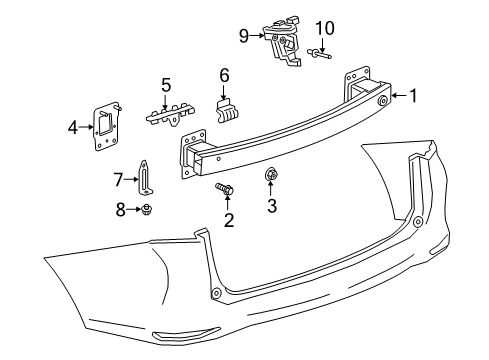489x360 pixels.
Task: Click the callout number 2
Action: click(x=228, y=219)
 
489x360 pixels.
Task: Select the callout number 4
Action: click(x=73, y=127)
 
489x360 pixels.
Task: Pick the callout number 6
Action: click(x=225, y=74)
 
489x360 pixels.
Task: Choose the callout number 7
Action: click(x=118, y=180)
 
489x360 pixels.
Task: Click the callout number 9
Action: click(x=243, y=36)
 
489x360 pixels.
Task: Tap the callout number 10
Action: click(x=322, y=27)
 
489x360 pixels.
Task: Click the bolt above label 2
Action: click(x=223, y=187)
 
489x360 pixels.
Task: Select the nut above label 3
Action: click(x=271, y=178)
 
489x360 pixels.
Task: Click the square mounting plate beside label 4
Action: click(x=105, y=127)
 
